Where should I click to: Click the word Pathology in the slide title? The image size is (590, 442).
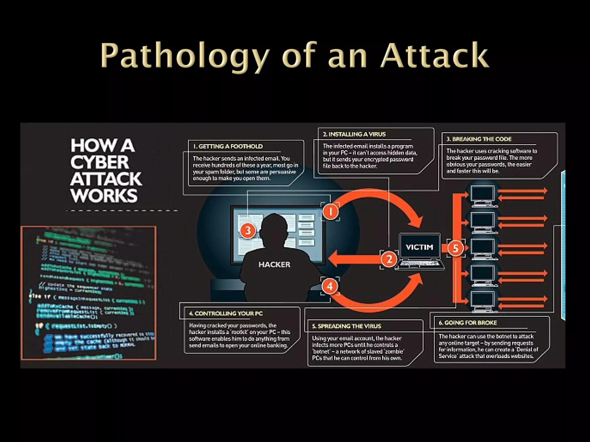click(184, 55)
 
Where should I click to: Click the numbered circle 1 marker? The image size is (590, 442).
click(330, 212)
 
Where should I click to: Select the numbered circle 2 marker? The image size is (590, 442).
click(389, 259)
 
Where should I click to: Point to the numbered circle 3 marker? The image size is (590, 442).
click(248, 230)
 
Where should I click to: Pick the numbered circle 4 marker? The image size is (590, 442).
click(330, 286)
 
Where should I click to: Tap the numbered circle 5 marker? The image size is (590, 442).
click(455, 248)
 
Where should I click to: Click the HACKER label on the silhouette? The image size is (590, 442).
click(274, 264)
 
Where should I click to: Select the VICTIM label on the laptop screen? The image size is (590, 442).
click(419, 247)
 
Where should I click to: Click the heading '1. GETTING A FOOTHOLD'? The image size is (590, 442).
click(228, 146)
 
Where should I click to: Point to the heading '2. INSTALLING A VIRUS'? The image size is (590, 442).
click(354, 134)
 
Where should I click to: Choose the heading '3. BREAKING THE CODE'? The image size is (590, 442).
click(479, 139)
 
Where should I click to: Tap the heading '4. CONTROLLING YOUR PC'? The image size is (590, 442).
click(226, 313)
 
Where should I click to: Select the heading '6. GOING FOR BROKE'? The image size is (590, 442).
click(468, 323)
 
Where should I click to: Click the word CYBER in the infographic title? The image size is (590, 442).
click(100, 162)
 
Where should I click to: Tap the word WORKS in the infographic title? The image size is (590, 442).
click(104, 196)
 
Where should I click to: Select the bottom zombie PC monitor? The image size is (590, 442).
click(483, 300)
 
